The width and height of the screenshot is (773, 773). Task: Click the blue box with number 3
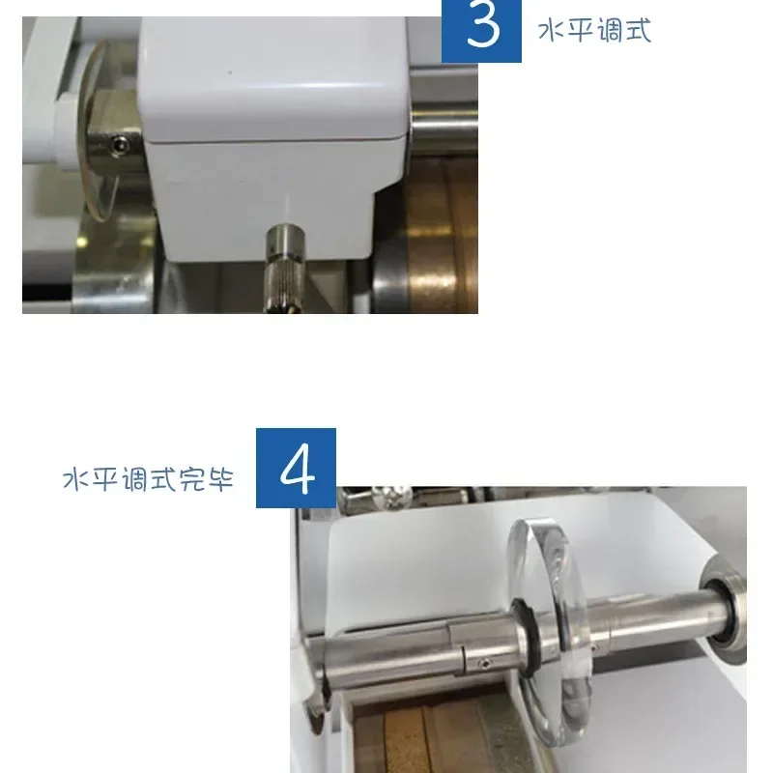[x=481, y=31]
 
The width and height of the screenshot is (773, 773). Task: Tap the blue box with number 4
[x=296, y=468]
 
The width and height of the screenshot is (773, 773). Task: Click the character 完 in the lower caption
[x=191, y=478]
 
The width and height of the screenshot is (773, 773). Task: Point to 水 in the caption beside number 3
[x=551, y=31]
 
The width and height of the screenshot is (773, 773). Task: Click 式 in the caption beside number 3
[x=638, y=31]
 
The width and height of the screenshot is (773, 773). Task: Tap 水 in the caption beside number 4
[x=76, y=478]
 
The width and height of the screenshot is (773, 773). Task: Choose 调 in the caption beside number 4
[x=133, y=478]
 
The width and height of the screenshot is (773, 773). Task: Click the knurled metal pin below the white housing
[x=284, y=269]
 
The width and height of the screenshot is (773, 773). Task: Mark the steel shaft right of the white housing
[x=444, y=126]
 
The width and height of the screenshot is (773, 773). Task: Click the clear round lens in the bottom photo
[x=552, y=631]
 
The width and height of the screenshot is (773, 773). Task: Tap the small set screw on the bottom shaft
[x=486, y=664]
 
